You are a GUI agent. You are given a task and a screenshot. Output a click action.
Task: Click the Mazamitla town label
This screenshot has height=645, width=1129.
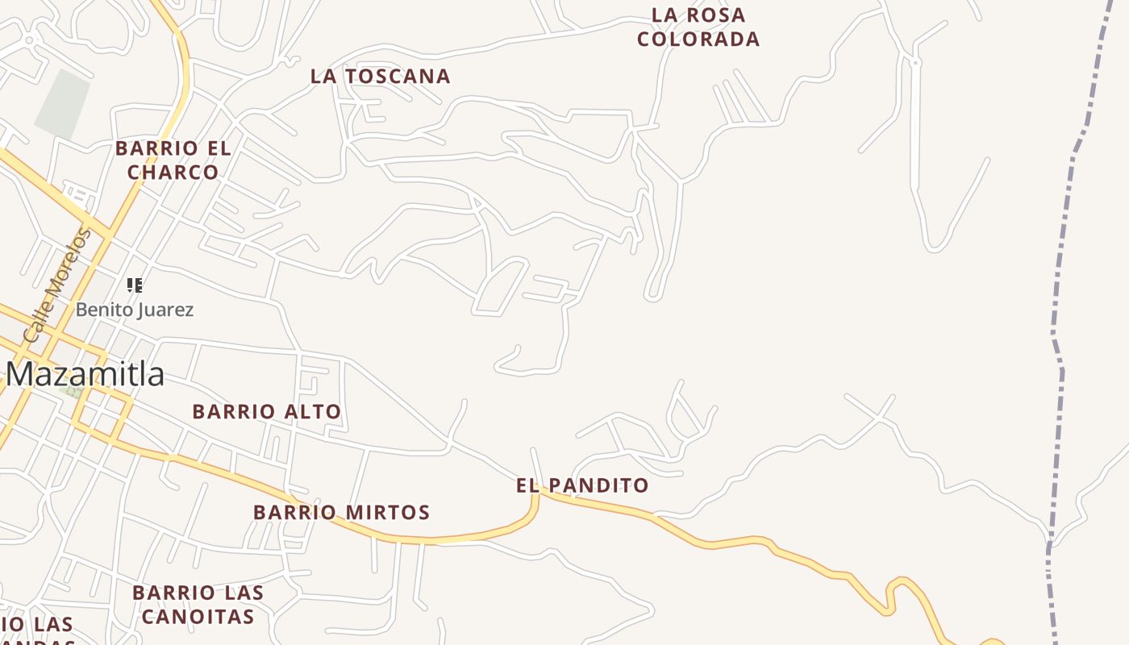[x=85, y=375]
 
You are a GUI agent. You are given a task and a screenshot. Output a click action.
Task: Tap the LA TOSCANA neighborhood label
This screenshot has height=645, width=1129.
[x=381, y=77]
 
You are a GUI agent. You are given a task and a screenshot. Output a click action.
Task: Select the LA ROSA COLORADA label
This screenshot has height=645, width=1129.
[x=698, y=27]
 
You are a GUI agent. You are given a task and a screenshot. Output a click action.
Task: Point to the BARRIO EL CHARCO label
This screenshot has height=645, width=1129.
[x=173, y=160]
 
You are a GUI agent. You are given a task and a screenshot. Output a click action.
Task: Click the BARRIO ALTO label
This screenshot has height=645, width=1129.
[x=267, y=412]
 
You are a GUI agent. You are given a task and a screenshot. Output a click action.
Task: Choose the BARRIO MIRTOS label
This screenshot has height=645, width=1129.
[x=342, y=513]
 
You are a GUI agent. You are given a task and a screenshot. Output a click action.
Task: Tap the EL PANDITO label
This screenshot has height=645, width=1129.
[x=582, y=485]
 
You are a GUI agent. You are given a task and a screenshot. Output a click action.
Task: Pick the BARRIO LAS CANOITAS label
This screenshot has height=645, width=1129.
[x=198, y=605]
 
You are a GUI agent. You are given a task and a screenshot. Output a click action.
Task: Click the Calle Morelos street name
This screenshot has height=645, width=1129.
[x=56, y=285]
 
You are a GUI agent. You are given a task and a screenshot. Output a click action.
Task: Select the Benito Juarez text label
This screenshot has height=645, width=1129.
[x=135, y=310]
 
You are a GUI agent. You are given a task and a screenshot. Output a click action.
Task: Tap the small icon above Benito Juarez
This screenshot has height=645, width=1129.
[x=135, y=285]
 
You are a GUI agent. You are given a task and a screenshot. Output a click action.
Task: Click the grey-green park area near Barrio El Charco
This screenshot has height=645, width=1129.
[x=62, y=104]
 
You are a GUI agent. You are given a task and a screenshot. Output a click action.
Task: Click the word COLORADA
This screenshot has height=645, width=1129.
[x=698, y=39]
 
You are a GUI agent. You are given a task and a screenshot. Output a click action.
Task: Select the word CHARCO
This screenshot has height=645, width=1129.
[x=173, y=173]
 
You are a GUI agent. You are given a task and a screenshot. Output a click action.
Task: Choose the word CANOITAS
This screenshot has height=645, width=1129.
[x=198, y=617]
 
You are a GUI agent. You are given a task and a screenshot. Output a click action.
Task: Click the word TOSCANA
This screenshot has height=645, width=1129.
[x=397, y=77]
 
